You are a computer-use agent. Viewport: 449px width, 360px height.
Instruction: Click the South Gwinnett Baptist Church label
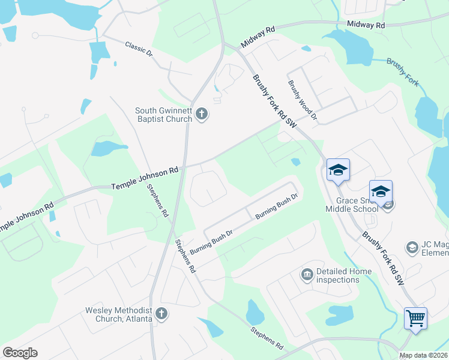[163, 114]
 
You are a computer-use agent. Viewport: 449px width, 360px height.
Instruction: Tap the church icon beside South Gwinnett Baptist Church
[202, 114]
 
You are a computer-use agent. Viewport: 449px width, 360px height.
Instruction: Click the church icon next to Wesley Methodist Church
[161, 313]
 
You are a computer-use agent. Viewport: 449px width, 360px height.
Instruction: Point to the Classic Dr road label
[139, 49]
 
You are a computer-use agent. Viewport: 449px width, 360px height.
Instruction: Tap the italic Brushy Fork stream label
[403, 70]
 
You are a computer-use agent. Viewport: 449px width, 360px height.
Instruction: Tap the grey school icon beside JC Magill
[412, 247]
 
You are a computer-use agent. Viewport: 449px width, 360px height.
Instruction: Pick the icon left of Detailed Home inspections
[307, 275]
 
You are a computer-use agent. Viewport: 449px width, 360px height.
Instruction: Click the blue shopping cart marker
[415, 317]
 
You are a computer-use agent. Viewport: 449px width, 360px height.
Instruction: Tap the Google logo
[20, 353]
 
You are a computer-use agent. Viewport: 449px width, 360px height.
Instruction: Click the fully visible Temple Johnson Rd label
[145, 179]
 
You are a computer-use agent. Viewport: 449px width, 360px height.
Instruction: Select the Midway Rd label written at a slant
[257, 38]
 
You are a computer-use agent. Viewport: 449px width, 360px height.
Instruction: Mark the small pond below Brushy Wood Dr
[295, 161]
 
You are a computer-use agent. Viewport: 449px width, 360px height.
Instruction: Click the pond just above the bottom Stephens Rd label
[255, 312]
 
